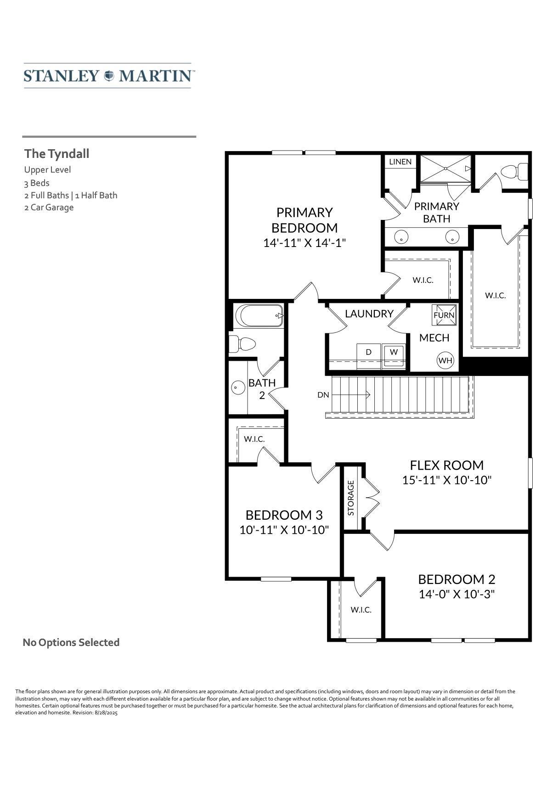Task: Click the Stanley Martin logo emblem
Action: (109, 76)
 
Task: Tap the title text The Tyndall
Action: (56, 154)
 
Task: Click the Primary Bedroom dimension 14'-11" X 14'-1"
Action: (304, 243)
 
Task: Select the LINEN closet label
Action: (400, 162)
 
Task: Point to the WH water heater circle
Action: (445, 360)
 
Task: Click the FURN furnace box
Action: (444, 315)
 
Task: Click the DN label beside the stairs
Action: (323, 395)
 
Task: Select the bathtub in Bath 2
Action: (259, 316)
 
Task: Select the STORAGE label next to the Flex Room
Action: (351, 498)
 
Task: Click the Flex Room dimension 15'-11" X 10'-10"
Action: (447, 480)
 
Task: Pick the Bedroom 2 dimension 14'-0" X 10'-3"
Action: (457, 594)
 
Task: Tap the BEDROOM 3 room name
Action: (284, 515)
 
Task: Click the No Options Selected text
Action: (71, 642)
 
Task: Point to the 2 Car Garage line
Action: (49, 208)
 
